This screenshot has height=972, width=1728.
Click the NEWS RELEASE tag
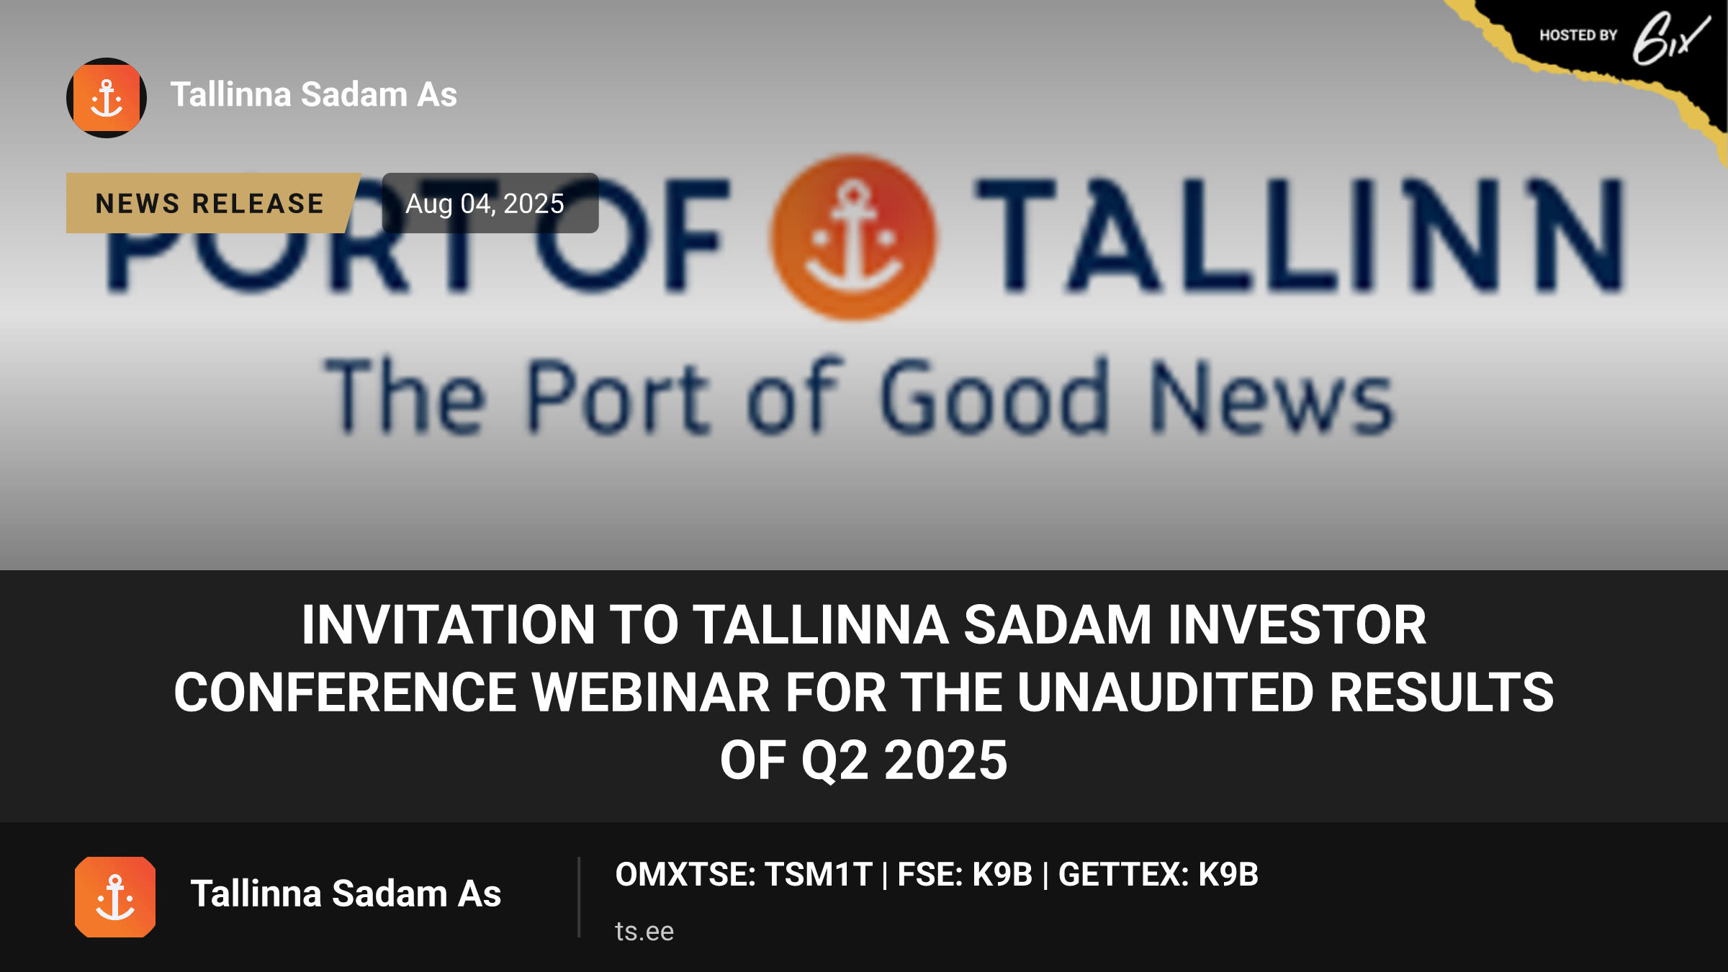pos(210,203)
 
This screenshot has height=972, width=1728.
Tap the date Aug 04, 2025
pos(485,204)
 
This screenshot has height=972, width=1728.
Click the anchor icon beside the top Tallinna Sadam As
pos(107,98)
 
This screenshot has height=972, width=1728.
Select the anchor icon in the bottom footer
pos(115,897)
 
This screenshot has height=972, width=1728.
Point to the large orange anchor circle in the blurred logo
pos(854,238)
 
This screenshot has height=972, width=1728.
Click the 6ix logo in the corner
pos(1670,37)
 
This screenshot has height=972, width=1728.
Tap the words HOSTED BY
pos(1578,35)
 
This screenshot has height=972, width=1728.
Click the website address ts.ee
pos(644,931)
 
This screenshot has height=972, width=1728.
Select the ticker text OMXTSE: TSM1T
pos(744,875)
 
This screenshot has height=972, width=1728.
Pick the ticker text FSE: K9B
pos(965,875)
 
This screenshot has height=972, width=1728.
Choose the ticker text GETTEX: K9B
pos(1158,875)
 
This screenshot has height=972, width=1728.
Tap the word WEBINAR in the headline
pos(651,692)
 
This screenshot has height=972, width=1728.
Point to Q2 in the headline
pos(835,760)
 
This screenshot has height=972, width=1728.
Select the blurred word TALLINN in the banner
pos(1300,236)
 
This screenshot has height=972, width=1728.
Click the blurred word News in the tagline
pos(1272,397)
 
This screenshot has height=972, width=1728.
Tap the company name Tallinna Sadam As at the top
pos(314,94)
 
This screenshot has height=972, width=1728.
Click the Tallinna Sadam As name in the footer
pos(346,894)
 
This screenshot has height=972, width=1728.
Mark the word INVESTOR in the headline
pos(1297,624)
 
